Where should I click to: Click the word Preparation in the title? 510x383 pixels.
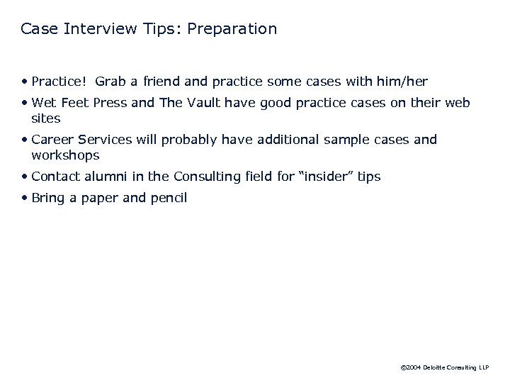(x=234, y=29)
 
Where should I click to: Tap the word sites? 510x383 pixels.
(x=46, y=118)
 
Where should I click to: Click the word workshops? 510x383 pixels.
(x=65, y=155)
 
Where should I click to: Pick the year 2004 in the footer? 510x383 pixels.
(x=414, y=368)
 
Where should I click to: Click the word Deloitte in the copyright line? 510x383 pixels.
(x=436, y=368)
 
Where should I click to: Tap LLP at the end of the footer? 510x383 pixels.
(x=482, y=368)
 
